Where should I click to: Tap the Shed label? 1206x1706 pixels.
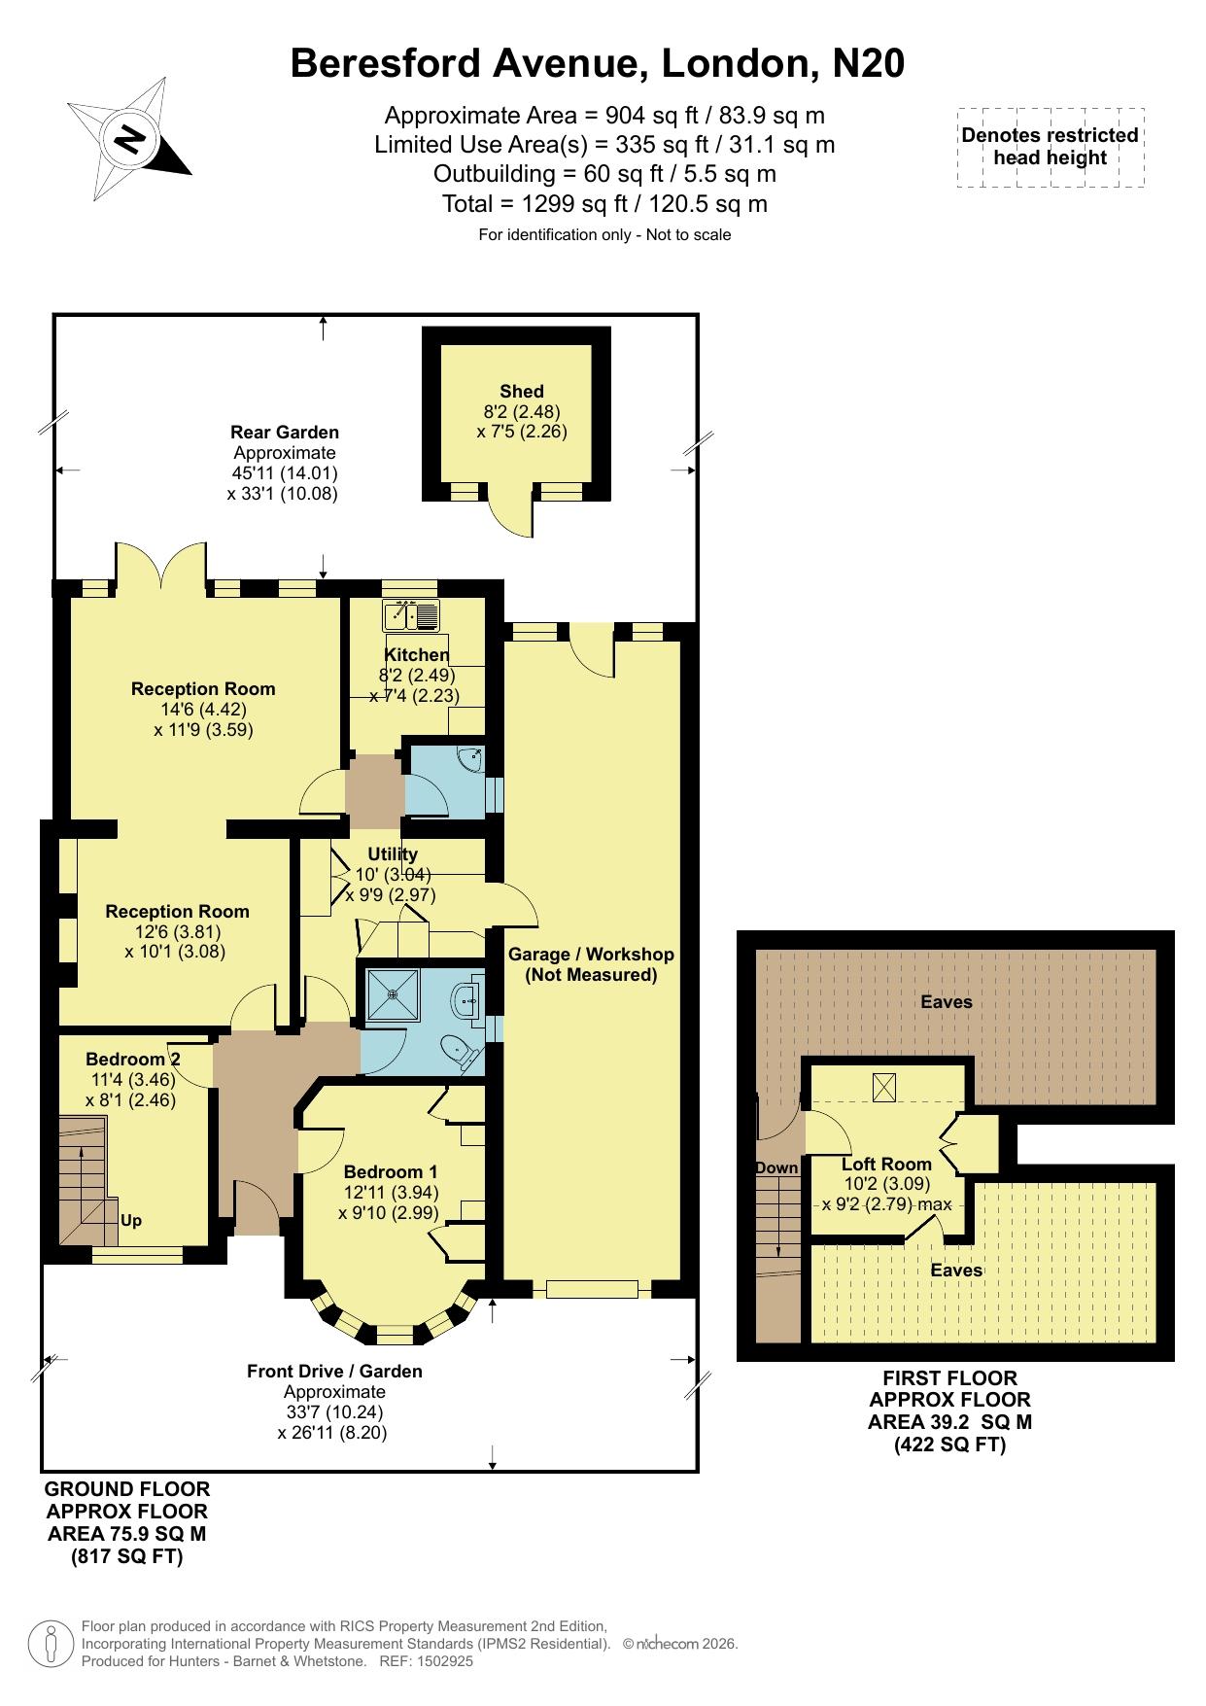tap(522, 392)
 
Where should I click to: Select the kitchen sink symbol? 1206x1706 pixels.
tap(412, 615)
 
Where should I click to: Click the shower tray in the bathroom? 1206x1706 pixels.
tap(393, 994)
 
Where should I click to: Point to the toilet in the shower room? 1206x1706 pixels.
tap(459, 1050)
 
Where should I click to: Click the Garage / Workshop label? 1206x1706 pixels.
tap(591, 955)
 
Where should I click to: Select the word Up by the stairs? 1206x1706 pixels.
tap(131, 1221)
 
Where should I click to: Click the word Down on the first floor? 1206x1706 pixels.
tap(776, 1167)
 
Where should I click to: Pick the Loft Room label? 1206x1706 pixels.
tap(886, 1164)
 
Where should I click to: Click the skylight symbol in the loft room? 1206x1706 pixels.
tap(884, 1087)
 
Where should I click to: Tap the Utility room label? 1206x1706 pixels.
tap(393, 853)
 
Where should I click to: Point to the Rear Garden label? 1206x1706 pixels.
tap(285, 432)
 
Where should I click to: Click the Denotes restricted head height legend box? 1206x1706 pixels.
tap(1051, 147)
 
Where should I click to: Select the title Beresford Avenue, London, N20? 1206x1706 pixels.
tap(598, 63)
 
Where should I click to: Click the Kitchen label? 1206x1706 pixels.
tap(417, 654)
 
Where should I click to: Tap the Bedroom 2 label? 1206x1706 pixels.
tap(133, 1059)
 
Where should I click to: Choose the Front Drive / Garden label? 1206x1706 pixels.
tap(334, 1371)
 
